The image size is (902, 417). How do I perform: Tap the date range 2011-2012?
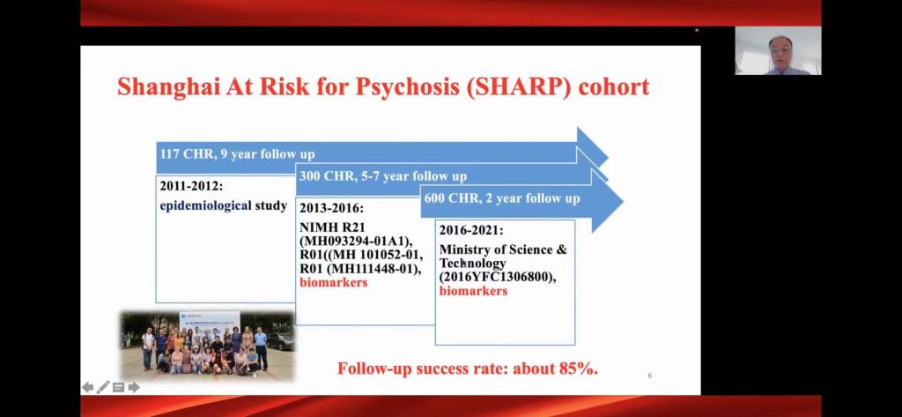[x=191, y=186]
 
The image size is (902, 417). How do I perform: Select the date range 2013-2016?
[x=331, y=208]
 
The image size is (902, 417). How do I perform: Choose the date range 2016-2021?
[x=471, y=230]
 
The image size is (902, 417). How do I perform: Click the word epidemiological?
[x=206, y=205]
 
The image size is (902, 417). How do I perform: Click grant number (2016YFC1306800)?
[x=499, y=278]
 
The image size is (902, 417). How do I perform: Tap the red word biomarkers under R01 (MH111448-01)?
[x=333, y=282]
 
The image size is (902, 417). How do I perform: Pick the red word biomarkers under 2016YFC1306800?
[x=473, y=291]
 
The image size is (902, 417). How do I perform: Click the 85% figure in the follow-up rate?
[x=578, y=369]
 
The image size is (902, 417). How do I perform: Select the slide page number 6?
[x=649, y=376]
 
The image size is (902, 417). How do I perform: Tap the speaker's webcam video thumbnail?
[x=778, y=50]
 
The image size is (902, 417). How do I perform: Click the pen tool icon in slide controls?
[x=103, y=388]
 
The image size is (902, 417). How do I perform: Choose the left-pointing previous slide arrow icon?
[x=88, y=388]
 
